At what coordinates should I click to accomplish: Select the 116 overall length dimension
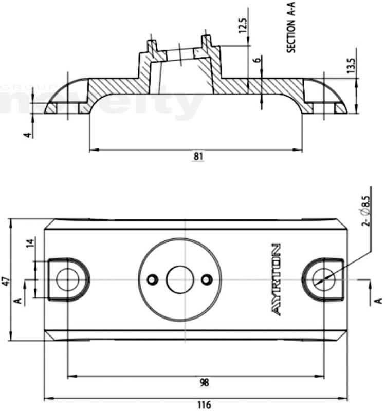(x=204, y=404)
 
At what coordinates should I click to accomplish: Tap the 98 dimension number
(x=204, y=383)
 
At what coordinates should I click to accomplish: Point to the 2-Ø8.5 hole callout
(x=366, y=211)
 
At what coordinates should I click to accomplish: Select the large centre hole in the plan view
(x=179, y=279)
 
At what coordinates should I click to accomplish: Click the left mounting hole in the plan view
(x=67, y=279)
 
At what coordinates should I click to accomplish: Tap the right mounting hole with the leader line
(x=324, y=279)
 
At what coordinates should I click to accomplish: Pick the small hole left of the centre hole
(x=152, y=279)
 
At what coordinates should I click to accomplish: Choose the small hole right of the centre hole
(x=207, y=279)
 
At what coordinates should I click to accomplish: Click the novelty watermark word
(x=103, y=103)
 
